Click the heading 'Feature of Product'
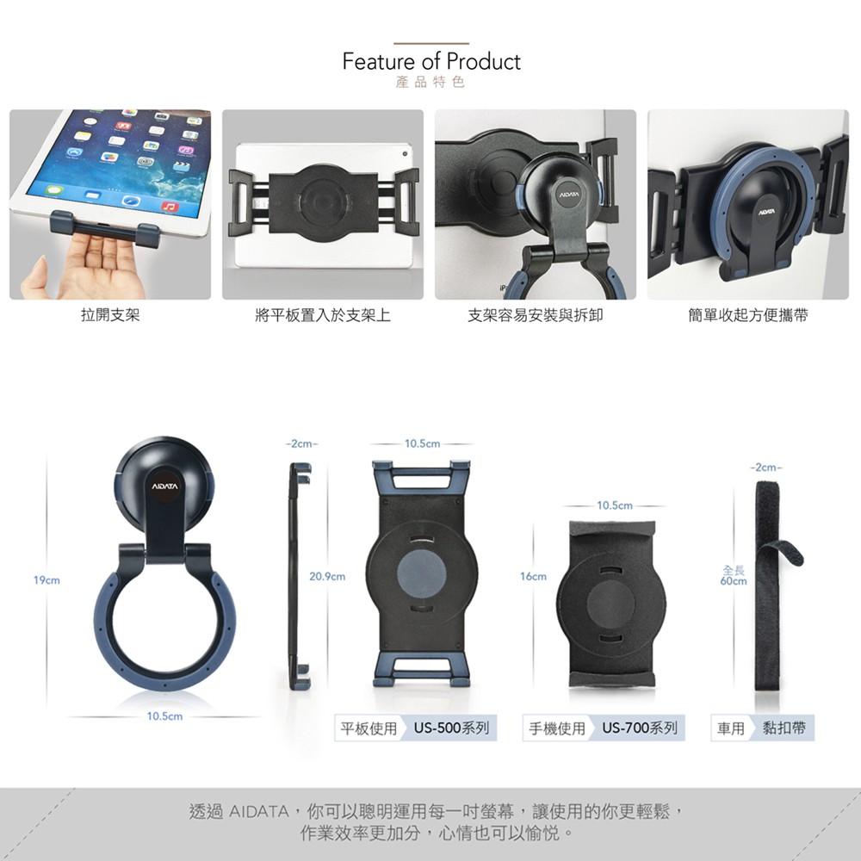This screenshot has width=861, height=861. coord(431,61)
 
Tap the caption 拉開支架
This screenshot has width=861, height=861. coord(110,315)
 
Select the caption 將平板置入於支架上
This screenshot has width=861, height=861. coord(323,315)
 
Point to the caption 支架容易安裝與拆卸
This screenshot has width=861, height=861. coord(536,315)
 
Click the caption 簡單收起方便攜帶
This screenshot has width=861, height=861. coord(748,315)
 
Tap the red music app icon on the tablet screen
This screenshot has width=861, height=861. coord(170,207)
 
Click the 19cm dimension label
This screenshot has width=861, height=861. coord(46,579)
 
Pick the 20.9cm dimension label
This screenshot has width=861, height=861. coord(327,577)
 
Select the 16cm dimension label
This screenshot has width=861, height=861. coord(533,577)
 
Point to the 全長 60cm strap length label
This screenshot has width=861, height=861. coord(734,575)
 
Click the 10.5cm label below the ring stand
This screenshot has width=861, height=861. coord(164,716)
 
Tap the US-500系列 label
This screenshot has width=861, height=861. coord(451,728)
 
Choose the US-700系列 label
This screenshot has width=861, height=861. coord(640,728)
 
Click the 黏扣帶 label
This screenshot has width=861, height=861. coord(784,728)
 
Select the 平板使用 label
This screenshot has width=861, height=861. coord(369,728)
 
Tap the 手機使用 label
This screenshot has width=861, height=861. coord(557,728)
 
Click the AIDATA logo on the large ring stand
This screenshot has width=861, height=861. coord(164,486)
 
